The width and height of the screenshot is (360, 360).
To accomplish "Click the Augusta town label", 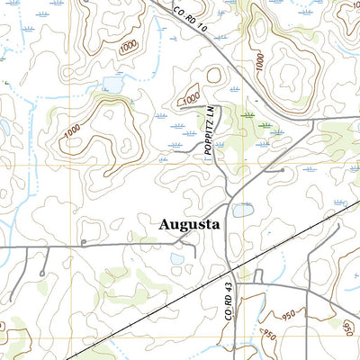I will (x=190, y=225).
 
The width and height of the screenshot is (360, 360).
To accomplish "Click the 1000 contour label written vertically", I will (x=259, y=63).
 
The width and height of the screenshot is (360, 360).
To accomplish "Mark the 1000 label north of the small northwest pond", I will (x=129, y=46).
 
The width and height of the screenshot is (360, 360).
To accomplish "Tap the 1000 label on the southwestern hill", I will (x=76, y=131).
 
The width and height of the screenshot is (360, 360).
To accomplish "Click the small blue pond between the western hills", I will (x=112, y=84).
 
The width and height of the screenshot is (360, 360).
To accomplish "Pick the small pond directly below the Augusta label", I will (x=177, y=258).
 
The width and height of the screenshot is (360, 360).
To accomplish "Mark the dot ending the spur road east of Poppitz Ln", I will (x=283, y=169).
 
